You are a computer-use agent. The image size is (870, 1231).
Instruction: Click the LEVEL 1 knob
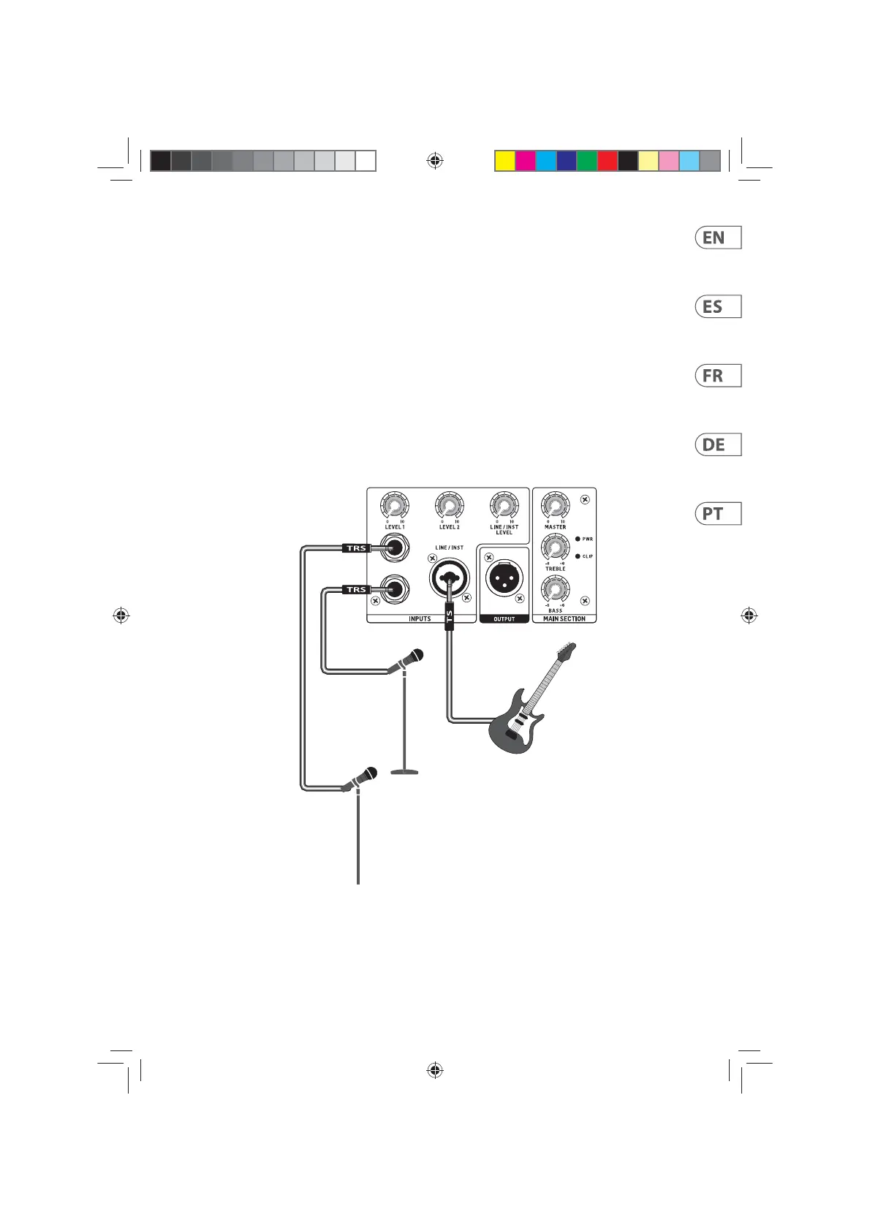[x=395, y=506]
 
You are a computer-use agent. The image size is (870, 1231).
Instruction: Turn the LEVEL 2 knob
[x=449, y=506]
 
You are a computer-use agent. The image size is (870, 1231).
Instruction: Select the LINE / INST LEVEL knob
[x=504, y=506]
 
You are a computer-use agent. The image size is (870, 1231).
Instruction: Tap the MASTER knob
[x=555, y=505]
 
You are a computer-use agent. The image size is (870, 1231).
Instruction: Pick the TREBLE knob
[x=555, y=548]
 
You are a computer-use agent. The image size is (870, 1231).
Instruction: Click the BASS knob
[x=555, y=588]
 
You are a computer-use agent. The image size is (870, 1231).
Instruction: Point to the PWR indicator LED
[x=578, y=539]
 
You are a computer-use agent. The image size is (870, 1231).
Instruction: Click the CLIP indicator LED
[x=578, y=556]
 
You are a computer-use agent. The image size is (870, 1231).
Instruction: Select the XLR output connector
[x=504, y=580]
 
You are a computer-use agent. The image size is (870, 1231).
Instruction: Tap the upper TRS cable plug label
[x=356, y=548]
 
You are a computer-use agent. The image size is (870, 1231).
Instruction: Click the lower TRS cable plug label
[x=356, y=589]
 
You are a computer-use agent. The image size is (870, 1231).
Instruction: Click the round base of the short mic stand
[x=404, y=770]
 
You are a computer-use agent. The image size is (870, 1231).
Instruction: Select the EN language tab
[x=717, y=238]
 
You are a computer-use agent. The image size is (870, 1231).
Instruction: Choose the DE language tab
[x=717, y=444]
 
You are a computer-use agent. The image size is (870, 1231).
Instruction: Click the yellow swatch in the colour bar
[x=504, y=161]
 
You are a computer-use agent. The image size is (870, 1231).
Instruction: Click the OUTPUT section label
[x=504, y=619]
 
